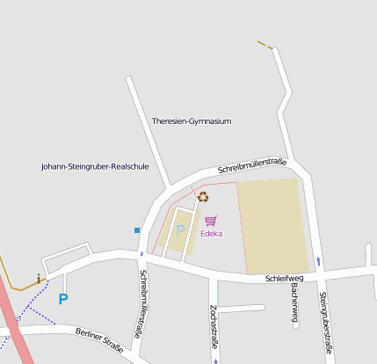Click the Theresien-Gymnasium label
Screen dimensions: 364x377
click(x=191, y=121)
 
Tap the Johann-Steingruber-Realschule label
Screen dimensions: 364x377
click(x=95, y=166)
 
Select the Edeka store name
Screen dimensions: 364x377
click(x=211, y=234)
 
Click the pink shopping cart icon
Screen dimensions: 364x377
click(x=210, y=222)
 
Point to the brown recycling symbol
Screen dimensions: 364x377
click(x=203, y=198)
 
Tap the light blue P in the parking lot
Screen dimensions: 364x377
click(x=180, y=230)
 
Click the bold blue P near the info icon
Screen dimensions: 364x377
click(x=62, y=299)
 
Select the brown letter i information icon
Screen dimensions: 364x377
click(x=38, y=279)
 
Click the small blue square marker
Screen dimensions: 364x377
click(x=137, y=230)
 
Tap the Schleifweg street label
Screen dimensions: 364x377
click(x=283, y=279)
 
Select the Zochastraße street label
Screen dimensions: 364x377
click(x=214, y=324)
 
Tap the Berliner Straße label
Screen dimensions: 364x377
click(x=99, y=340)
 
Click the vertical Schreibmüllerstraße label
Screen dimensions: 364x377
click(x=140, y=304)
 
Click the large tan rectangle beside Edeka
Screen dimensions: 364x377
click(x=272, y=225)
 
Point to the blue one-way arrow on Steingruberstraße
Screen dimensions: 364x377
click(x=318, y=261)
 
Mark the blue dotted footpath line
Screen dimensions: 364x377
click(x=31, y=308)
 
